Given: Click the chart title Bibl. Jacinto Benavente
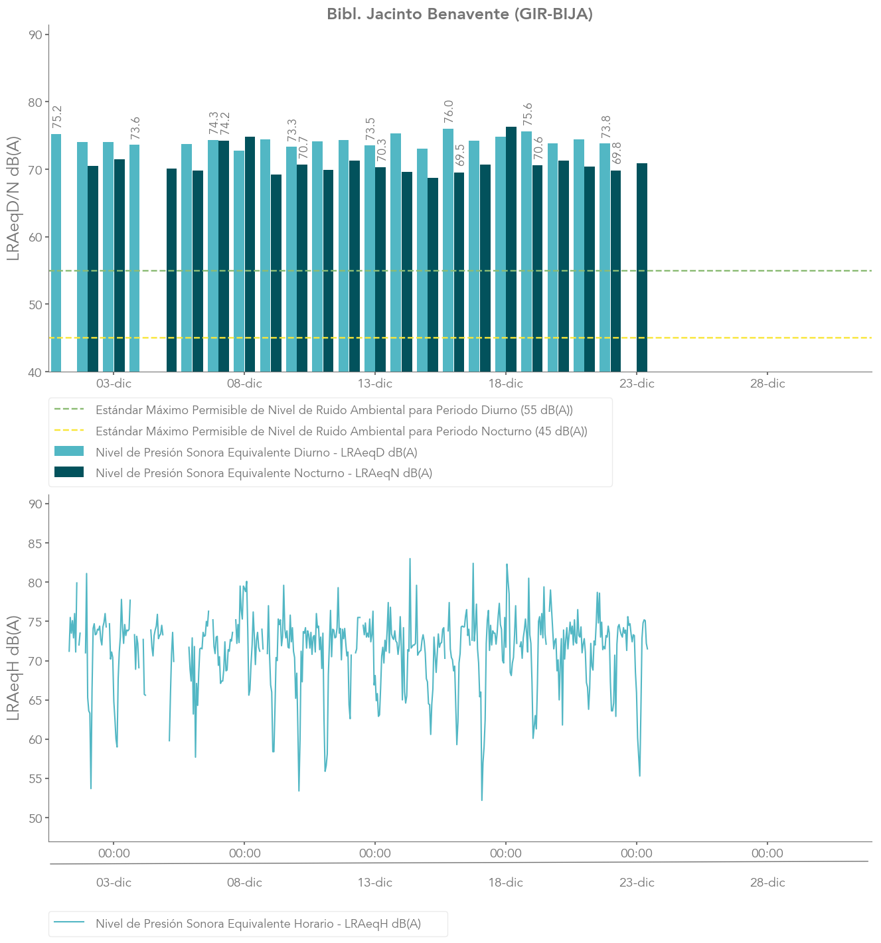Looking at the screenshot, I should coord(459,14).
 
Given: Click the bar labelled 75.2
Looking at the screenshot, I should coord(56,252).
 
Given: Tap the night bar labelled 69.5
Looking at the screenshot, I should coord(459,272).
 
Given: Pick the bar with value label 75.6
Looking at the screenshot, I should coord(526,252).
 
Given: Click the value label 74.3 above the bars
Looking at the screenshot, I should coord(214,123).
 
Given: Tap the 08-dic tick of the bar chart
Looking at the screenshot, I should coord(244,384).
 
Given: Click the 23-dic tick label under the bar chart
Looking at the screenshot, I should coord(637,384).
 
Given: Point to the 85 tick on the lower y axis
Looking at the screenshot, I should coord(35,544).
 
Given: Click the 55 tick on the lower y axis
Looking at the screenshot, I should coord(35,778).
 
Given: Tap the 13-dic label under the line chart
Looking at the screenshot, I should coord(375,883).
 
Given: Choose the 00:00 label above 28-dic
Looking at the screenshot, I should coord(767,853).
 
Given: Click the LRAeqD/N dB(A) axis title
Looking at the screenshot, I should coord(14,199).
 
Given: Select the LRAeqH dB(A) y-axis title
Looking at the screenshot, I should coord(14,668).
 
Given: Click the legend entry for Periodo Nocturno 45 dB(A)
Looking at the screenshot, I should coord(341,431).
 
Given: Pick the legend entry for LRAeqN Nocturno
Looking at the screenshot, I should coord(264,473).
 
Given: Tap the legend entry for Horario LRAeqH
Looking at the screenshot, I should coord(258,924).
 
